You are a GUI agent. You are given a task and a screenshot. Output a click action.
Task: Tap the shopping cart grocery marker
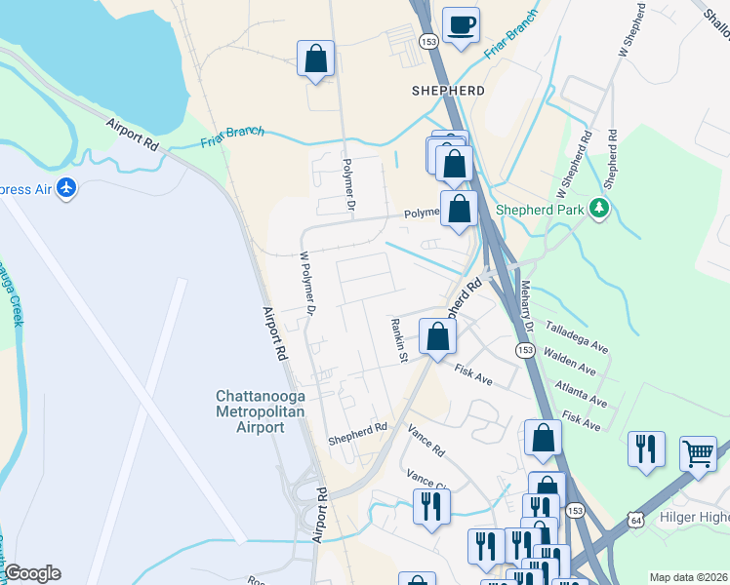(698, 451)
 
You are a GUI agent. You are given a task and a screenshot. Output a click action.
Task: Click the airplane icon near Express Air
(66, 188)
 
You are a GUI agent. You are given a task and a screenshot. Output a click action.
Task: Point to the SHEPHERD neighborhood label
(449, 90)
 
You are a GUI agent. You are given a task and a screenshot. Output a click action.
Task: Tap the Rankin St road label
(397, 339)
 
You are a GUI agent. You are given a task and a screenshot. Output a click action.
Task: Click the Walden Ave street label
(569, 362)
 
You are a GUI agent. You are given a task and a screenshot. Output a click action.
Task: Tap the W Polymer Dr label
(307, 284)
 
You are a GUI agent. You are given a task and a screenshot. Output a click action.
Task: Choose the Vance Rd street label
(426, 441)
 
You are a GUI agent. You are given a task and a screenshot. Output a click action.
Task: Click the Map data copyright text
(688, 577)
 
